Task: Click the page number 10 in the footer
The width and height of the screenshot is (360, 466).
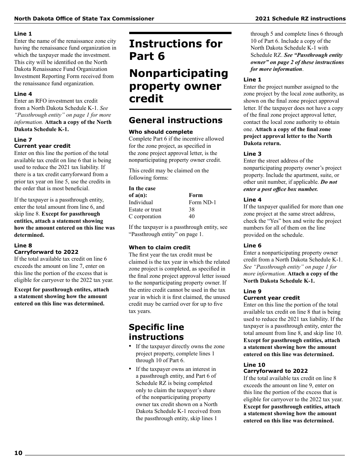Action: (19, 453)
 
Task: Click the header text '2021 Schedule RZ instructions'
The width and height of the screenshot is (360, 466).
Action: (300, 19)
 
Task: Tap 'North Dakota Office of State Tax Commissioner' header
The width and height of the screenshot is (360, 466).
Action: (84, 19)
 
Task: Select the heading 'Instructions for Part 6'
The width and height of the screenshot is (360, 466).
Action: (175, 50)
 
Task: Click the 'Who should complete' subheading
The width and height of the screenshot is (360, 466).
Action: (161, 132)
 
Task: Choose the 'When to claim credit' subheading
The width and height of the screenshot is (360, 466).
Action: (160, 247)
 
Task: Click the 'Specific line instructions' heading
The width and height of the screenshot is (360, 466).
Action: (157, 332)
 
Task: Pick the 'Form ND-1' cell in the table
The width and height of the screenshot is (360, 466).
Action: (202, 202)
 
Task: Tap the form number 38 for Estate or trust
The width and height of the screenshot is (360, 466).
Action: (192, 210)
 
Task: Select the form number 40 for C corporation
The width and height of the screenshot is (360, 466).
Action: (192, 216)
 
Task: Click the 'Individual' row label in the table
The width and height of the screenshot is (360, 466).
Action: (141, 202)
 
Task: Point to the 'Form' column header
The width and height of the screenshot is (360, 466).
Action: (196, 195)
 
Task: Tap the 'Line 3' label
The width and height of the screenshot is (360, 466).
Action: (252, 154)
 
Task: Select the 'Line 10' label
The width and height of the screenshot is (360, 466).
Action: (254, 365)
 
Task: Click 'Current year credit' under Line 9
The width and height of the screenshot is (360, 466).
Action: (271, 298)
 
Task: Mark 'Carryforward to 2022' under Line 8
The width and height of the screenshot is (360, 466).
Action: (46, 252)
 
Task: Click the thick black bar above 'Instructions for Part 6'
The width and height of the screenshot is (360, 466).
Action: (180, 33)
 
